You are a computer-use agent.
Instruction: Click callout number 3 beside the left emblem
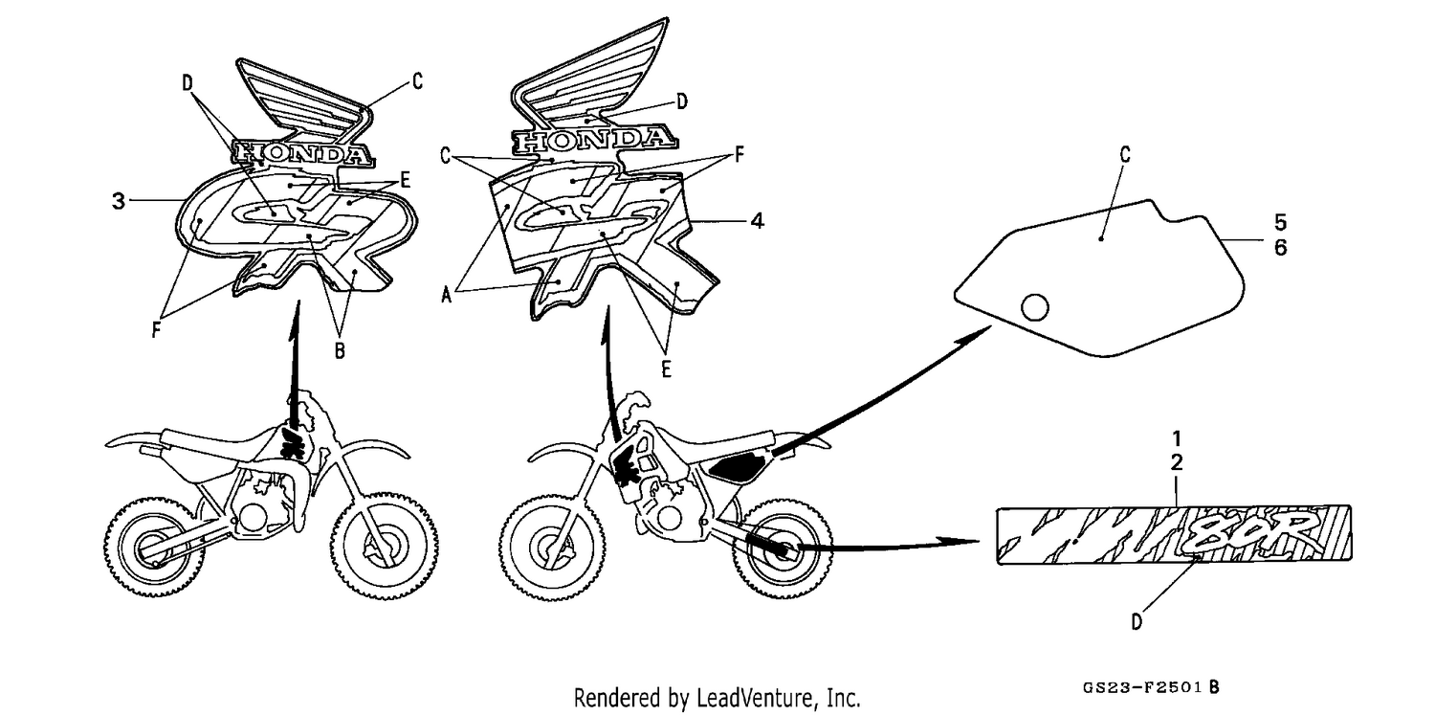pyautogui.click(x=119, y=201)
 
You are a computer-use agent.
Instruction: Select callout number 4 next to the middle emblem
pyautogui.click(x=758, y=221)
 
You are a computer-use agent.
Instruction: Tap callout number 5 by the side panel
pyautogui.click(x=1281, y=222)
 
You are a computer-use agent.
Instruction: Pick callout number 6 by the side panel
pyautogui.click(x=1281, y=247)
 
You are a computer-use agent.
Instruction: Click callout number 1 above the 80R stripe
pyautogui.click(x=1177, y=438)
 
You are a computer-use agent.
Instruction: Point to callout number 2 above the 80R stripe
pyautogui.click(x=1177, y=462)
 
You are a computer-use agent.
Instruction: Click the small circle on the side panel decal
pyautogui.click(x=1034, y=307)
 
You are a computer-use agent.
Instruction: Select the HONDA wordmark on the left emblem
pyautogui.click(x=301, y=154)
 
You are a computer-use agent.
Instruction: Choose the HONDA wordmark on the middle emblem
pyautogui.click(x=593, y=139)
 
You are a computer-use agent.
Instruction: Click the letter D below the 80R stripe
pyautogui.click(x=1137, y=622)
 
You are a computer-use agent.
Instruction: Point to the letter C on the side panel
pyautogui.click(x=1125, y=154)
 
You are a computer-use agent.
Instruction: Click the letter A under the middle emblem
pyautogui.click(x=447, y=295)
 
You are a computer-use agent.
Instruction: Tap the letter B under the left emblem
pyautogui.click(x=340, y=350)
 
